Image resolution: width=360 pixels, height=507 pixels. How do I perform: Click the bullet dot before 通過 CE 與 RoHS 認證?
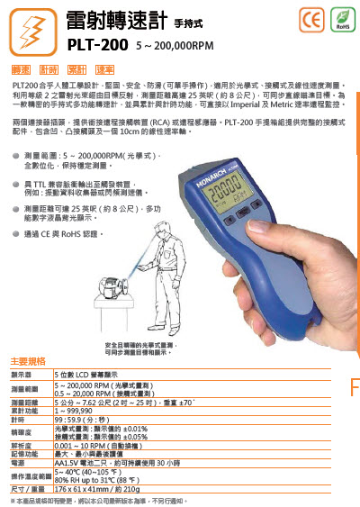(17, 233)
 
